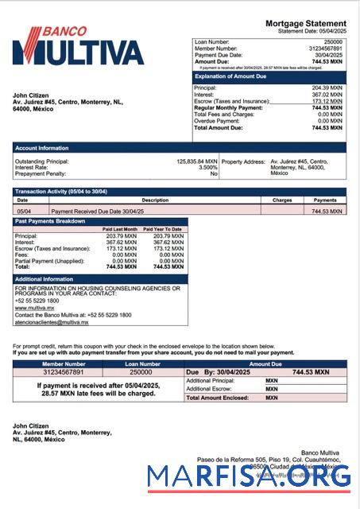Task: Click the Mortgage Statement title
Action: pyautogui.click(x=305, y=24)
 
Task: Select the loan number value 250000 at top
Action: pyautogui.click(x=333, y=41)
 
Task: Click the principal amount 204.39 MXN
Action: pyautogui.click(x=327, y=87)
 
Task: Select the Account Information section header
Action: pyautogui.click(x=41, y=148)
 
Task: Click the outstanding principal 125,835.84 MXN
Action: pyautogui.click(x=196, y=161)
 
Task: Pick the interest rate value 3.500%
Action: pyautogui.click(x=207, y=167)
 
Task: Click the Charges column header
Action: pyautogui.click(x=282, y=200)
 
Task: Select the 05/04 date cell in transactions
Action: pyautogui.click(x=24, y=212)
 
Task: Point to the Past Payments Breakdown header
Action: pyautogui.click(x=49, y=221)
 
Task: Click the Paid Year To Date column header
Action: pyautogui.click(x=162, y=229)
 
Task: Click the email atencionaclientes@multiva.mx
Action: pyautogui.click(x=52, y=323)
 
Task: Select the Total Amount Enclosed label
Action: pyautogui.click(x=218, y=397)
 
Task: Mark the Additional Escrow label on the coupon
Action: pyautogui.click(x=208, y=389)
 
